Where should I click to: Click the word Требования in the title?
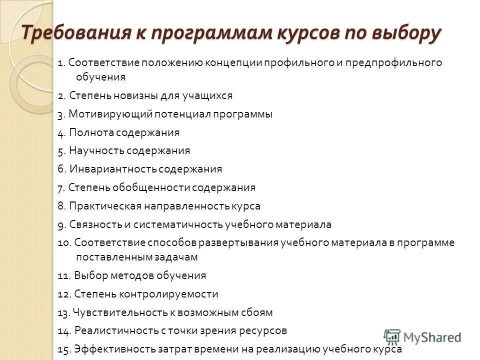74,33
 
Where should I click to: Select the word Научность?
96,150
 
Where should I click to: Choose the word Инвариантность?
112,169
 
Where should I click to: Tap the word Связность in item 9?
91,224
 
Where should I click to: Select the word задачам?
177,257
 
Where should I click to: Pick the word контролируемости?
177,294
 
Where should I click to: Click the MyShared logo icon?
392,336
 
